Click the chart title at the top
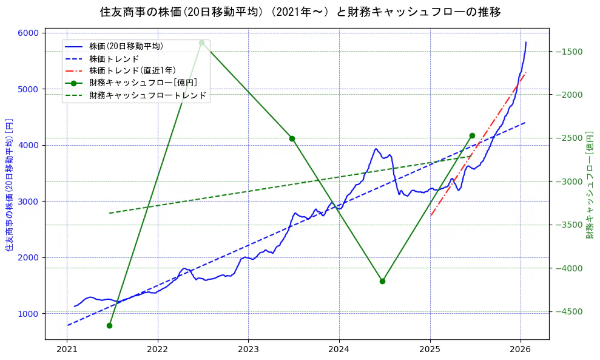[300, 12]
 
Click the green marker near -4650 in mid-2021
[109, 325]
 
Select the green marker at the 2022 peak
[201, 42]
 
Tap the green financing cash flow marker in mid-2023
[292, 138]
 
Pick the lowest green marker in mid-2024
[382, 281]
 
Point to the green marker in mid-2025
[472, 135]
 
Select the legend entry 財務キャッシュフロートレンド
[147, 95]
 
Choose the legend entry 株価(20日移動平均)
[126, 46]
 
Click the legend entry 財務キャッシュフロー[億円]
[143, 83]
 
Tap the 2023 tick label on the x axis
[248, 350]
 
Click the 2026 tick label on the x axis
[521, 350]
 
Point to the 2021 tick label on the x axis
[67, 350]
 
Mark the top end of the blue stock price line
[526, 42]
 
